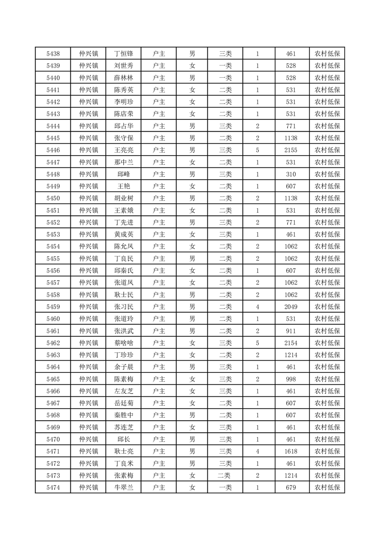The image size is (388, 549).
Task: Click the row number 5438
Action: pos(53,54)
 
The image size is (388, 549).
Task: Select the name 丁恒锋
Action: pos(123,54)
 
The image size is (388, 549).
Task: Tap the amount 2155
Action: pos(291,150)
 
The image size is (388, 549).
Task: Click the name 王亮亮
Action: pos(123,150)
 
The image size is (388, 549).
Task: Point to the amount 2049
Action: pos(291,307)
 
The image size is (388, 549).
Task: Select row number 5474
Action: pos(53,487)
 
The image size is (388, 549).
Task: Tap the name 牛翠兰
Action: pos(123,487)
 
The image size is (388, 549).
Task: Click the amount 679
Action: pos(291,487)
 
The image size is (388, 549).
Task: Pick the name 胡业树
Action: pos(123,198)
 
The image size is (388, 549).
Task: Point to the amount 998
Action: pos(291,379)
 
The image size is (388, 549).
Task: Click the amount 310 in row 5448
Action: pos(291,174)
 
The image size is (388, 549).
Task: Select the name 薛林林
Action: pos(123,78)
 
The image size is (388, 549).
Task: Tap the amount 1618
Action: pos(291,451)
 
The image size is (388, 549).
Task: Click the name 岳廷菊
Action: pos(123,403)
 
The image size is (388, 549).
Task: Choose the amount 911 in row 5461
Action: pos(291,331)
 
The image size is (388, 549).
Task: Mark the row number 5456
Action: pos(53,271)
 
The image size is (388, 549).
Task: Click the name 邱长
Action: pos(123,439)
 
